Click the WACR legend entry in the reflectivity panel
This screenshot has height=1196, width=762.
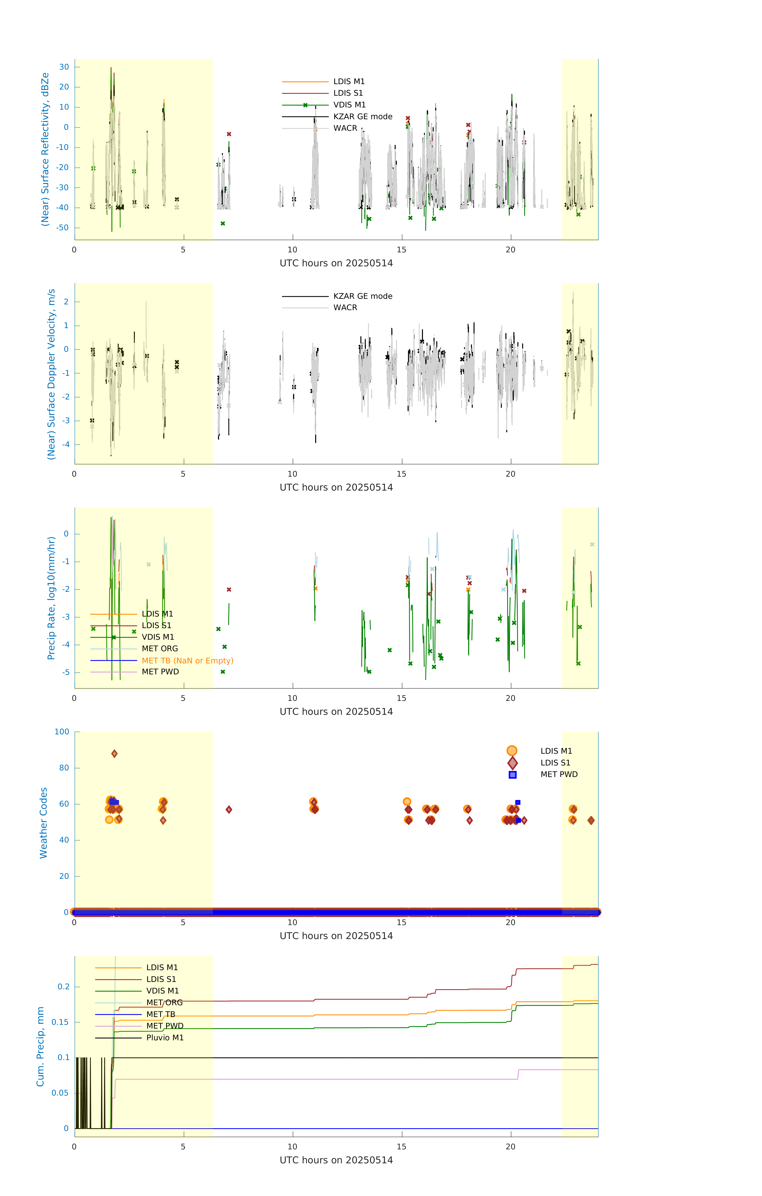(x=345, y=128)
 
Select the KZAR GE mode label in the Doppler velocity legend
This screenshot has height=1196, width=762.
(x=362, y=296)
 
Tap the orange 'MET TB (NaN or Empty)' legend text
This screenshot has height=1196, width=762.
(x=187, y=661)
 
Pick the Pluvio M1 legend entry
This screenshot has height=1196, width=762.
(x=165, y=1038)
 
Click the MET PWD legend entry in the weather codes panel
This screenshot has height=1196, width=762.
(x=559, y=774)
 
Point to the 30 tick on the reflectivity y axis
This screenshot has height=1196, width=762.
(x=64, y=67)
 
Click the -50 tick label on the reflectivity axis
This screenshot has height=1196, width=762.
(x=63, y=228)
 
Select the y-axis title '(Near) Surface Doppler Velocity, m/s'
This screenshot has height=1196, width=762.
(x=51, y=374)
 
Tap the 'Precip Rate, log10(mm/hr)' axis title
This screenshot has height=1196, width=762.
(x=51, y=598)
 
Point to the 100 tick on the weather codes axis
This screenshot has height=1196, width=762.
(x=62, y=732)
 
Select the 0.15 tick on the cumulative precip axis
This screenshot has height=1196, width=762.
(x=60, y=1022)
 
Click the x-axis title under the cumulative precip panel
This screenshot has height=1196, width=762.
(x=336, y=1160)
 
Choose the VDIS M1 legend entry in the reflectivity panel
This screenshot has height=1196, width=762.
(x=349, y=105)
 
